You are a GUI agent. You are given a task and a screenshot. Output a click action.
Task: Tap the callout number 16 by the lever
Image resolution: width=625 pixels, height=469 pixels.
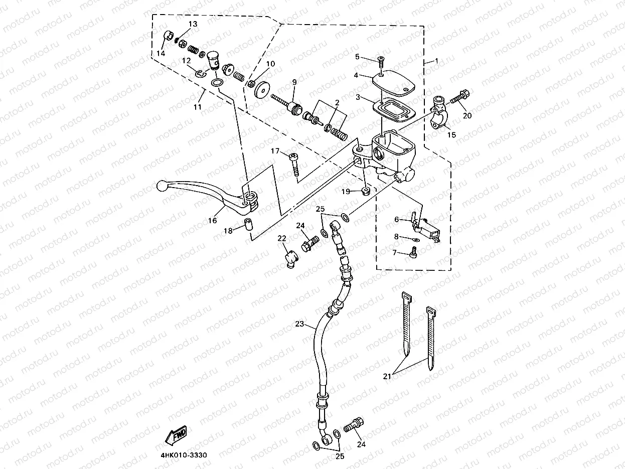click(x=213, y=220)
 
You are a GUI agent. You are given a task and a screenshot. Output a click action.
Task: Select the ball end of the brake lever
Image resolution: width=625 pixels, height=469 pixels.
click(x=162, y=186)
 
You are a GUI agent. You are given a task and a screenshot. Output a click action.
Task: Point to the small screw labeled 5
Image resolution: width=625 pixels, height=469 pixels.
click(x=380, y=61)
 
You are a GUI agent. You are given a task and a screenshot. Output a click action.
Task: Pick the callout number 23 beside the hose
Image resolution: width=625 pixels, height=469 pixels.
click(x=299, y=325)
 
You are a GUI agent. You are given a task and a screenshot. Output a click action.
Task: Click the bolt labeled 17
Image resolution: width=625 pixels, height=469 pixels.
click(x=294, y=163)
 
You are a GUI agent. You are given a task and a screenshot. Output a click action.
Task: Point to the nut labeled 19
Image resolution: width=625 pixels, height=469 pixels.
click(x=366, y=191)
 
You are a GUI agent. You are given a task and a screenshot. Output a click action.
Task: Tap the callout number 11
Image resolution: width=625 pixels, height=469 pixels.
click(x=198, y=107)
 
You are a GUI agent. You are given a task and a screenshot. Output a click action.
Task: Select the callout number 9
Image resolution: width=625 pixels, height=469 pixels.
click(x=294, y=82)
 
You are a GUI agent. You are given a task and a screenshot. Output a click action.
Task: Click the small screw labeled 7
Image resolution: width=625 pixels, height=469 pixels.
click(x=414, y=255)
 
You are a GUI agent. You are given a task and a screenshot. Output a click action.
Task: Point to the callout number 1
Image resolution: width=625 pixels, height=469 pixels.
click(x=436, y=61)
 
